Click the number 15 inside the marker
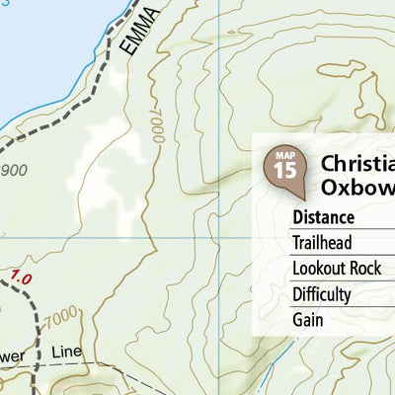[284, 169]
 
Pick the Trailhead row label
[322, 243]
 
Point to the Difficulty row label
[321, 294]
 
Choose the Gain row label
[308, 320]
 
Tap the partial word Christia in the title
[357, 163]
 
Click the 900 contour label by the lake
[14, 171]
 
